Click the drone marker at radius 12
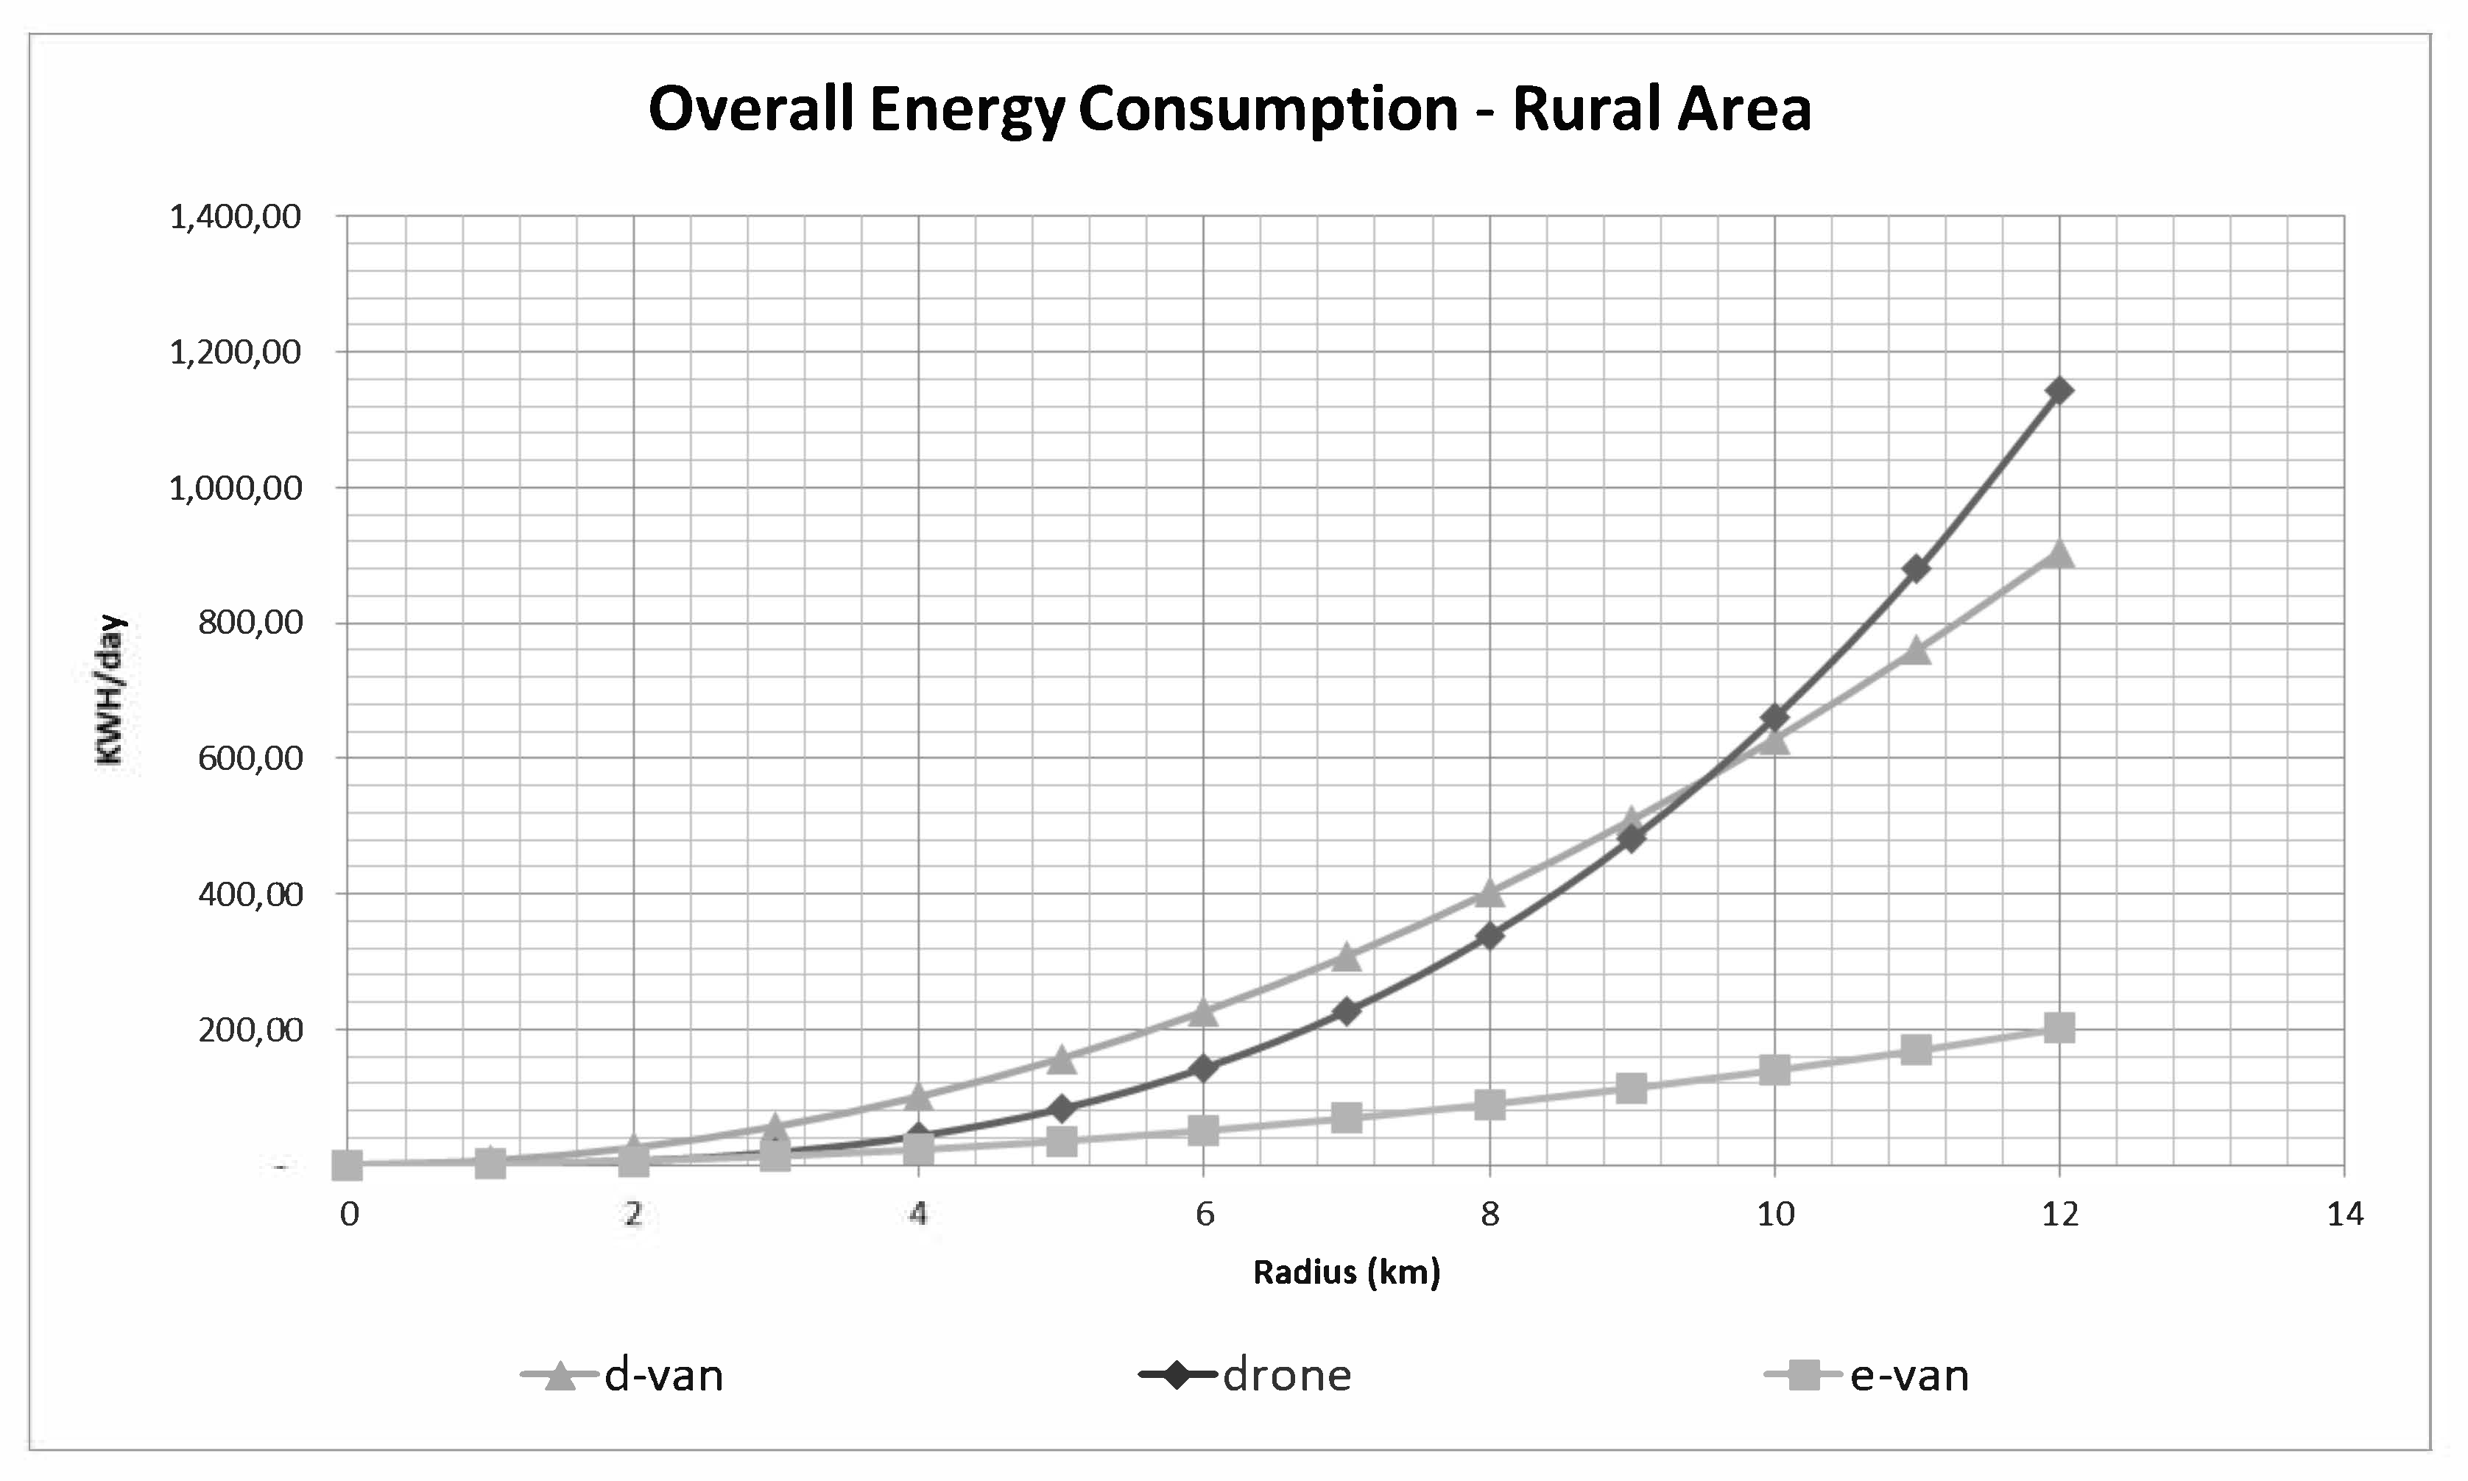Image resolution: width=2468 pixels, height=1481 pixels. pos(2059,390)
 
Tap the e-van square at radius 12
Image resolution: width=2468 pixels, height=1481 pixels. pos(2059,1028)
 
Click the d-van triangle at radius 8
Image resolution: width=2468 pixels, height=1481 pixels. pos(1489,892)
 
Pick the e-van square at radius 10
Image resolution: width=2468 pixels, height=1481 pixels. pos(1774,1070)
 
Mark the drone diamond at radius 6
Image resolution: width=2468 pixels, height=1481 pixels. pos(1204,1069)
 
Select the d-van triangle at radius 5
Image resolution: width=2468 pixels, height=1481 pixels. pos(1062,1058)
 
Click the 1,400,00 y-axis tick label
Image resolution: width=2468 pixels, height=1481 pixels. pos(236,216)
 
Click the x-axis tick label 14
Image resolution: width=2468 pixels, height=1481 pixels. pos(2344,1215)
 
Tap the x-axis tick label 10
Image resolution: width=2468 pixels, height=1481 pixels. pos(1774,1215)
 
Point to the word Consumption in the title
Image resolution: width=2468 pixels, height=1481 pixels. pos(1267,110)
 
